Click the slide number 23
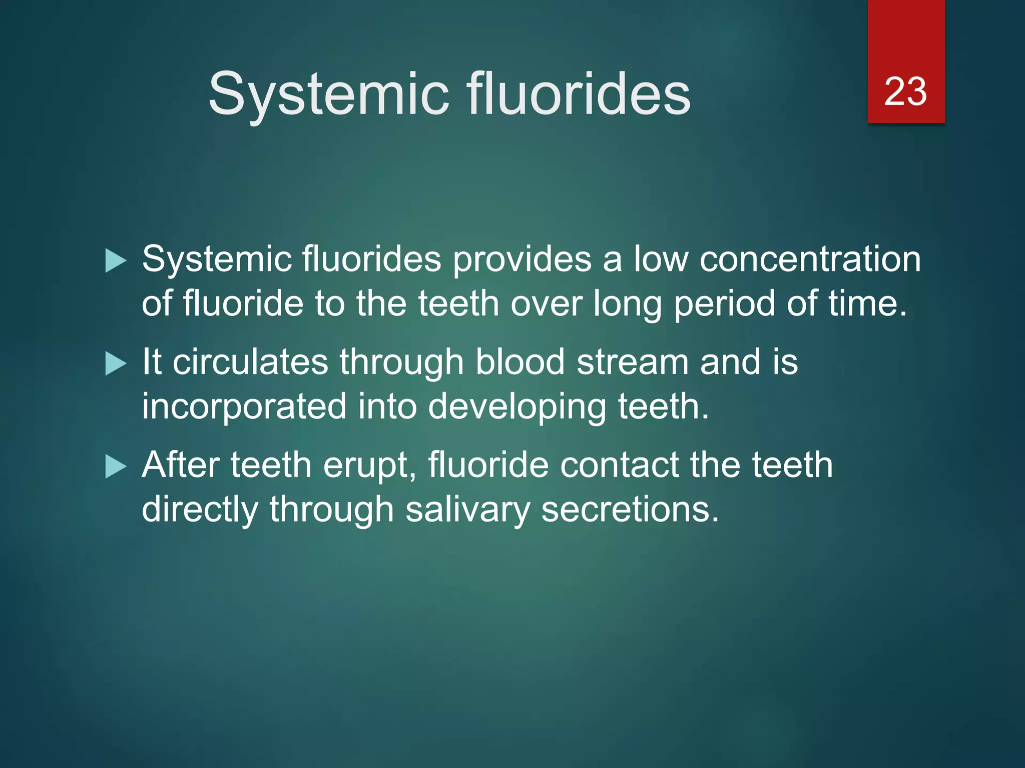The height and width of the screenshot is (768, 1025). coord(905,91)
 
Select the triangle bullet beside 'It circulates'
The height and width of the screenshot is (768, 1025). coord(116,363)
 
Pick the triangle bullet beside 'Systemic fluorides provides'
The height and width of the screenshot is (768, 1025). coord(116,261)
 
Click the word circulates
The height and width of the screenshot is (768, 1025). coord(250,362)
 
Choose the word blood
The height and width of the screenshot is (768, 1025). coord(520,362)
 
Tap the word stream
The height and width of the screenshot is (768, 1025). coord(633,362)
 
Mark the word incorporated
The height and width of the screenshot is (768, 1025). coord(244,407)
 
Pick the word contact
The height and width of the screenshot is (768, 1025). coord(619,465)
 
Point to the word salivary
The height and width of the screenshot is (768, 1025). coord(467,510)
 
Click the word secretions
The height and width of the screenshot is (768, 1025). coord(630,510)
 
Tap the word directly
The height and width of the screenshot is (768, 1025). coord(200,510)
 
